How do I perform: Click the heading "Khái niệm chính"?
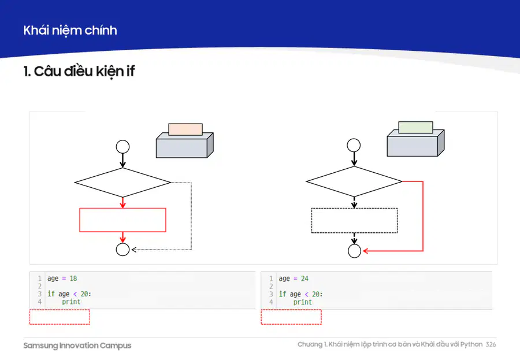coord(70,31)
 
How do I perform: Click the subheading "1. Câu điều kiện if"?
coord(79,71)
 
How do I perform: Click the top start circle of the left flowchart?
coord(122,140)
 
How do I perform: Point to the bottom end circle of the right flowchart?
coord(354,244)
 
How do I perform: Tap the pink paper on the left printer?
coord(185,129)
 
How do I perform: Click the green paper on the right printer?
coord(415,127)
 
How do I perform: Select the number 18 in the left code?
coord(73,279)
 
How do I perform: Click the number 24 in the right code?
coord(304,279)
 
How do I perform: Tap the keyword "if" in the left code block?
coord(51,294)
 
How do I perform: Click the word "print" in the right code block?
coord(302,302)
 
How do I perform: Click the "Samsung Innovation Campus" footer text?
coord(77,346)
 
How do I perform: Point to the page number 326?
coord(491,344)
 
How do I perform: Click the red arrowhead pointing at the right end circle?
coord(365,251)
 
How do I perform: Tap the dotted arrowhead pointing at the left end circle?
coord(134,250)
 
